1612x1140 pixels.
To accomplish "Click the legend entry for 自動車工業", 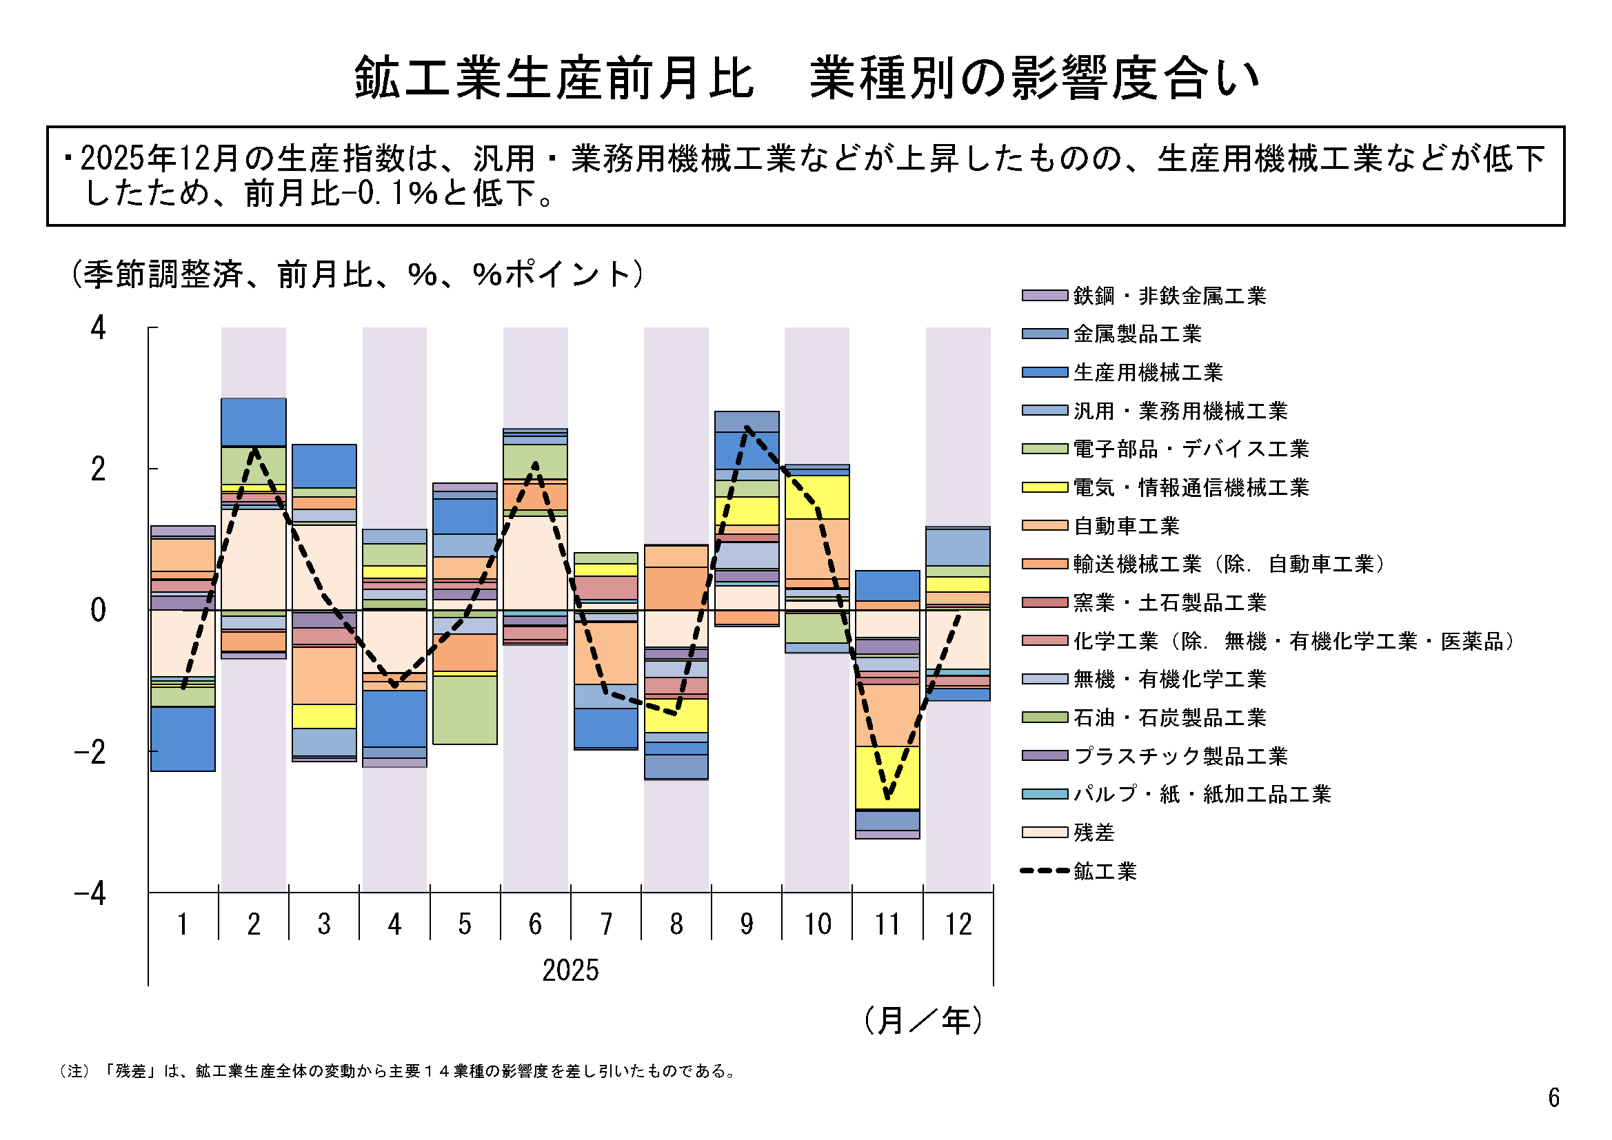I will click(1125, 526).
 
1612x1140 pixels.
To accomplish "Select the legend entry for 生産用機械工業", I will click(1147, 372).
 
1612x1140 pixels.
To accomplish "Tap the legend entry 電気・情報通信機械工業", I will click(1190, 487).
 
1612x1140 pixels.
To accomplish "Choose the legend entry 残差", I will click(1093, 833).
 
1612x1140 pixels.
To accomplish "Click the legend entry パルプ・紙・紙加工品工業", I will click(1201, 794).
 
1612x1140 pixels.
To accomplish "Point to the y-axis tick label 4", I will click(99, 328).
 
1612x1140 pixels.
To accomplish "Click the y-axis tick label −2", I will click(90, 752).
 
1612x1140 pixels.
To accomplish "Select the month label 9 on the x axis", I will click(746, 924).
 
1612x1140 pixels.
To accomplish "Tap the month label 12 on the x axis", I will click(958, 924).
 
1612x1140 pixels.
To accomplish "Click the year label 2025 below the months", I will click(570, 970).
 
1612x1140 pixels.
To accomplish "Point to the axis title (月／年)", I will click(923, 1020).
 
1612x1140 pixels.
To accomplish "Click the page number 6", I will click(1553, 1097).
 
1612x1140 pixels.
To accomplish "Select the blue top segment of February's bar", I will click(254, 422).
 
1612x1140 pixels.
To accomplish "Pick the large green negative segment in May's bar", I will click(465, 709).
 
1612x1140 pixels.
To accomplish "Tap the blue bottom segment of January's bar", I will click(183, 738).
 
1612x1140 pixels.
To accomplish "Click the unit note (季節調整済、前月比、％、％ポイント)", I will click(356, 274).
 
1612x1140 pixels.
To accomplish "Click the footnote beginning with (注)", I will click(398, 1071).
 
